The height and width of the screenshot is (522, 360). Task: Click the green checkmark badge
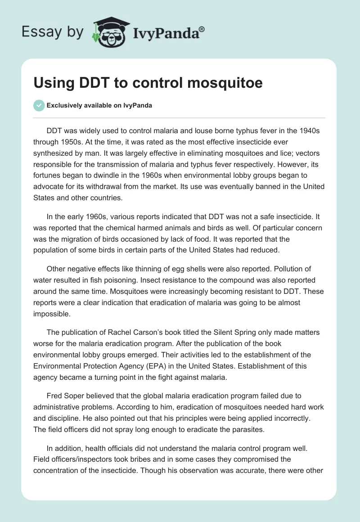pos(39,105)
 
